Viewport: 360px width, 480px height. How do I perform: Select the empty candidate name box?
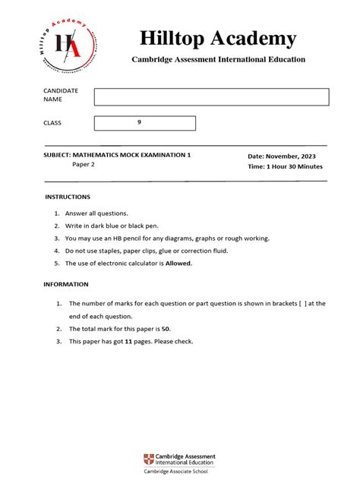pos(211,96)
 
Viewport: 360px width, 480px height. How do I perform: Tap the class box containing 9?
pos(144,123)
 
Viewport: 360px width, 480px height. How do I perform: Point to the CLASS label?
pos(52,123)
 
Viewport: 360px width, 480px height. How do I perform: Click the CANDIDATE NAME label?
pos(60,95)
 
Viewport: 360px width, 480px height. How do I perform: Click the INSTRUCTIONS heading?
pos(68,197)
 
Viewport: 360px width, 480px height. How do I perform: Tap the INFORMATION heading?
pos(67,285)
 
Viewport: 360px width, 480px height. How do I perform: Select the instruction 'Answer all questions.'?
pos(96,213)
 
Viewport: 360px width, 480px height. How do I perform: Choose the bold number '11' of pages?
pos(130,342)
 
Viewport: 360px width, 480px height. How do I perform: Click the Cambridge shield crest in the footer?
pos(149,459)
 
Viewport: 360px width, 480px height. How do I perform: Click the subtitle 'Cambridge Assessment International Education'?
pos(218,59)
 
